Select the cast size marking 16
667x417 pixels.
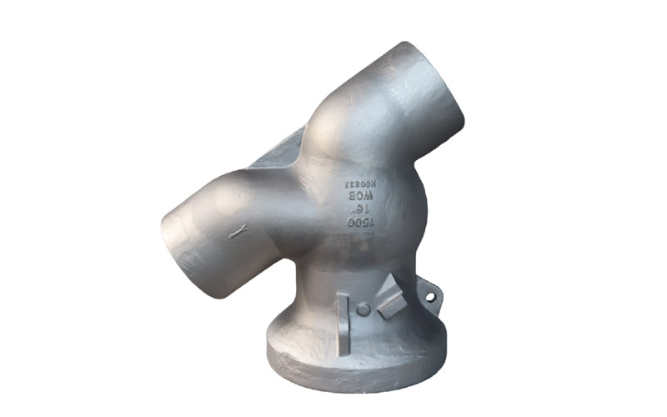pyautogui.click(x=359, y=209)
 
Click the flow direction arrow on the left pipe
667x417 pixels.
pyautogui.click(x=238, y=234)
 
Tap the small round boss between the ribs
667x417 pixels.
pyautogui.click(x=363, y=309)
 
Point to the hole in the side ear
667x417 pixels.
pyautogui.click(x=430, y=295)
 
